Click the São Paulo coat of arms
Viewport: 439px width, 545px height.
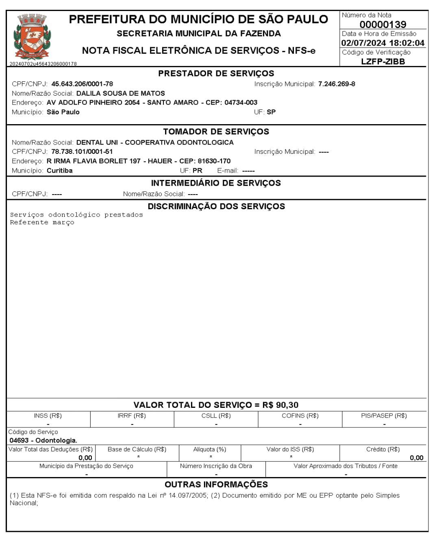[x=32, y=37]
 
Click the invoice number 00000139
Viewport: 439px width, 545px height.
[x=382, y=24]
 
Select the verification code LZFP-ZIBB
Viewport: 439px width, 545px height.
[x=383, y=61]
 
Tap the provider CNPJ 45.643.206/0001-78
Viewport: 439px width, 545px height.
[x=82, y=84]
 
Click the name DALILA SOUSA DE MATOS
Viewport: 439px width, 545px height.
[x=121, y=93]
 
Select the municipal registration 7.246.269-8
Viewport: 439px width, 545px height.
[x=337, y=84]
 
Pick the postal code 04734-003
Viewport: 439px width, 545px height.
[x=241, y=103]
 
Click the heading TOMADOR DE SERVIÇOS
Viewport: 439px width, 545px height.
[x=216, y=131]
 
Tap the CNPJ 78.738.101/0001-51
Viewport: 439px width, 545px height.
[x=82, y=151]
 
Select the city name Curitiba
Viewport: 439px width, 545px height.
[x=60, y=171]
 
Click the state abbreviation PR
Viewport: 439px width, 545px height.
[x=197, y=171]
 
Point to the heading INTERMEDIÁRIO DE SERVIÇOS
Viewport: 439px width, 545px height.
[x=216, y=183]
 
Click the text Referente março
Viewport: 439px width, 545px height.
[x=42, y=223]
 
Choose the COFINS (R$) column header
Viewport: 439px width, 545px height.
[x=300, y=416]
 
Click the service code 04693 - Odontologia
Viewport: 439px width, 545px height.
[x=43, y=440]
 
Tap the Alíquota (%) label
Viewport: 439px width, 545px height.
[x=210, y=449]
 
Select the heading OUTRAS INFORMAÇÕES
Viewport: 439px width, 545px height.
[x=216, y=484]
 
